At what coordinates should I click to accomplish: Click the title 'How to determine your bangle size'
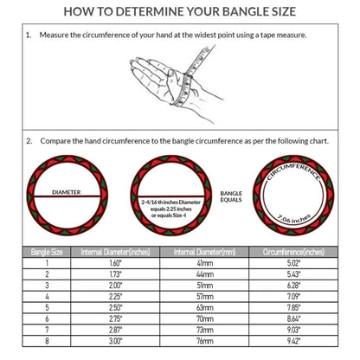[180, 11]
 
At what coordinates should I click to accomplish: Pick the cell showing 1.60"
[115, 263]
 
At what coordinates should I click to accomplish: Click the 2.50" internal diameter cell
[115, 306]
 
